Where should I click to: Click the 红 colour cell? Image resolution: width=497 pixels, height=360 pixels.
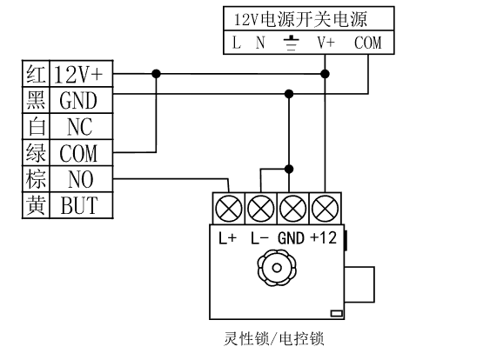coord(37,74)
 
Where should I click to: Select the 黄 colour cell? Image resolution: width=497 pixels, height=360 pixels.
coord(37,205)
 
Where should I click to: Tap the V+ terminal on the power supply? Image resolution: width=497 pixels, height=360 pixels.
coord(326,43)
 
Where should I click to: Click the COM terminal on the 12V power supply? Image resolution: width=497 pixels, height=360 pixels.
coord(367,43)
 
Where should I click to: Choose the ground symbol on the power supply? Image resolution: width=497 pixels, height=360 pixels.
coord(291,43)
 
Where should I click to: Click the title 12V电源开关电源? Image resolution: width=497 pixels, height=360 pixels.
coord(300,19)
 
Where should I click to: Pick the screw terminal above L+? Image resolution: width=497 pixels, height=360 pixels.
coord(229,209)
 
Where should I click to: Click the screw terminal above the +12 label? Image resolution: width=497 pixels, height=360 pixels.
coord(325,209)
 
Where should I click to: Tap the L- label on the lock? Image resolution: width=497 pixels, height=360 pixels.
coord(260,238)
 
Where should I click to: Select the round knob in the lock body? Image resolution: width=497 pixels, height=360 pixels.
coord(277,268)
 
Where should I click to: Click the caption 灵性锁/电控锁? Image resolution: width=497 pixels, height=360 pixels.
coord(274,338)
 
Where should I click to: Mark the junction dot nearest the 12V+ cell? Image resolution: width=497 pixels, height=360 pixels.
coord(156,74)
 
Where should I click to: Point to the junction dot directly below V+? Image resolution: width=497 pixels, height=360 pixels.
coord(325,74)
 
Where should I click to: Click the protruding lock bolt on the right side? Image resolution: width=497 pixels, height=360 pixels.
coord(359,284)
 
